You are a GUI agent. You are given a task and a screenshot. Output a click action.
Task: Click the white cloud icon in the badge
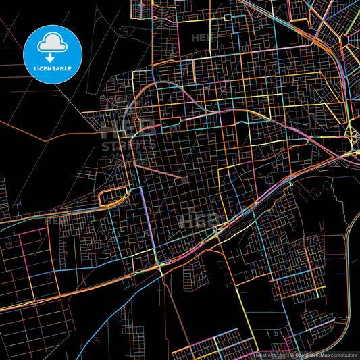click(x=53, y=43)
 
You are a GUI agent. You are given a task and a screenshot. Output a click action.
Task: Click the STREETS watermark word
click(x=128, y=145)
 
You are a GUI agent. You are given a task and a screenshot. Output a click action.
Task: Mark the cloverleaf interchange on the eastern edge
click(x=352, y=138)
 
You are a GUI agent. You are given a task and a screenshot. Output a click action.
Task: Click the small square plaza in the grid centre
click(x=184, y=179)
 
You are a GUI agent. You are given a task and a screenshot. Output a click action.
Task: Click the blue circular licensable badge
click(x=53, y=55)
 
